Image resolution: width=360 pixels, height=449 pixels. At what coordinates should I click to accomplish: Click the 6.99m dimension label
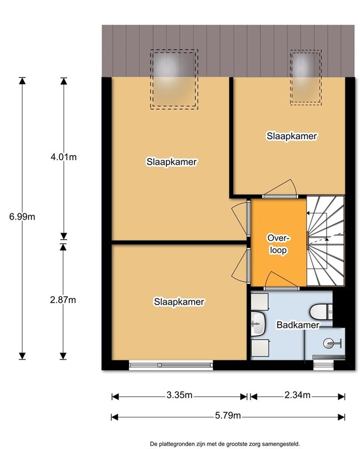pyautogui.click(x=22, y=217)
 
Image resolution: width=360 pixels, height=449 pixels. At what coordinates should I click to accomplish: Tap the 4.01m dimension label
pyautogui.click(x=64, y=157)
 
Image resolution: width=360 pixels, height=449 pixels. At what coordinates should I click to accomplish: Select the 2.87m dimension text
pyautogui.click(x=63, y=300)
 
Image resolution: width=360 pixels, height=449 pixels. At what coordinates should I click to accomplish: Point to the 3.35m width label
pyautogui.click(x=179, y=395)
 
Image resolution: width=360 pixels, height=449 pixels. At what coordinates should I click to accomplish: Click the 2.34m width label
pyautogui.click(x=297, y=395)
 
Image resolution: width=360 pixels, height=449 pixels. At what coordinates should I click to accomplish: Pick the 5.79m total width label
pyautogui.click(x=228, y=416)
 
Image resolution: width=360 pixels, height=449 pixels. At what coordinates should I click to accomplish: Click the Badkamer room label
pyautogui.click(x=298, y=325)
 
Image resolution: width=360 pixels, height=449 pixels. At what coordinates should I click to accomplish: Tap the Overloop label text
pyautogui.click(x=278, y=244)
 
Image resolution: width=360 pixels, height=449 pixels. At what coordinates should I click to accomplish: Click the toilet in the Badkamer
pyautogui.click(x=321, y=312)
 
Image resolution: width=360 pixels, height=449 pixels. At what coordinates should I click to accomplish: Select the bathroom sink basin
pyautogui.click(x=259, y=323)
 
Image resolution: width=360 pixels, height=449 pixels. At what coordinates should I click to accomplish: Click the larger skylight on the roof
pyautogui.click(x=174, y=80)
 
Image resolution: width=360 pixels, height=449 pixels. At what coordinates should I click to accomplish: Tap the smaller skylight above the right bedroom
pyautogui.click(x=306, y=77)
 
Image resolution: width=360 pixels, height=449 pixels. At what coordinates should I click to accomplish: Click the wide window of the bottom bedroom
pyautogui.click(x=171, y=365)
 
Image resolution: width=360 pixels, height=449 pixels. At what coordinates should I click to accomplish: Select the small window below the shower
pyautogui.click(x=323, y=365)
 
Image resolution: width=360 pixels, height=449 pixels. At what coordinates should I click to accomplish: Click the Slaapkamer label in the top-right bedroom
pyautogui.click(x=292, y=136)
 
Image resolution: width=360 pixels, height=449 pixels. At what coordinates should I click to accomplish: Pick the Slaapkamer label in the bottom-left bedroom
pyautogui.click(x=179, y=302)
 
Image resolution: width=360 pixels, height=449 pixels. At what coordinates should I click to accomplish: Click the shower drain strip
pyautogui.click(x=328, y=357)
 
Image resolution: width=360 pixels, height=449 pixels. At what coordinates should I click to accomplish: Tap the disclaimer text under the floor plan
pyautogui.click(x=225, y=444)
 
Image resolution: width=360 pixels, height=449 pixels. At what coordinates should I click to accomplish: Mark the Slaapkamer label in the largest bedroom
pyautogui.click(x=172, y=162)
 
